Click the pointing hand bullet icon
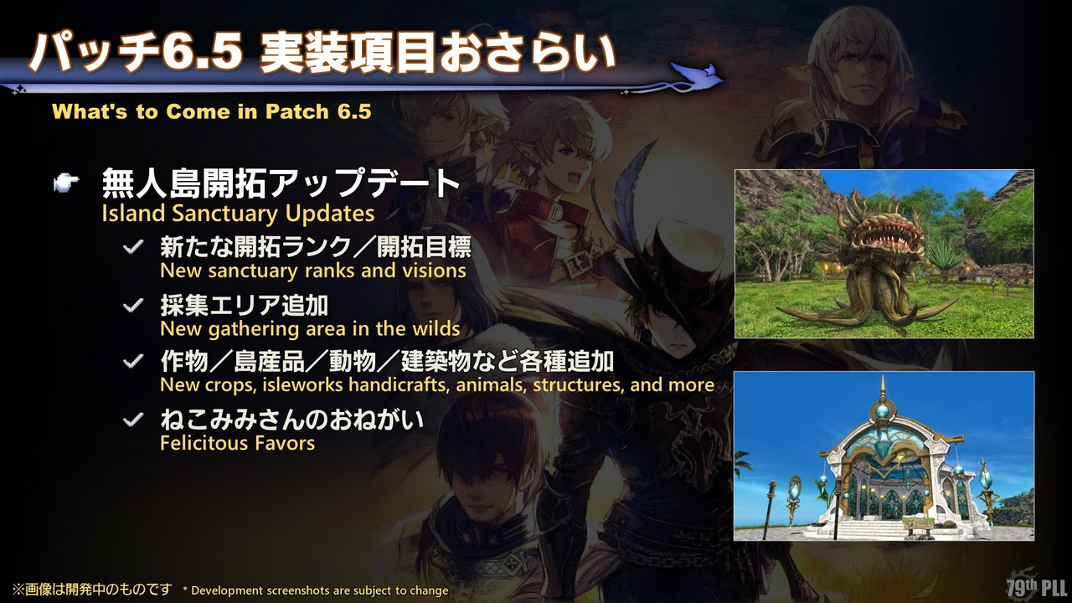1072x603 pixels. click(x=66, y=183)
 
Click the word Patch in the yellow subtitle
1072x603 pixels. click(x=296, y=111)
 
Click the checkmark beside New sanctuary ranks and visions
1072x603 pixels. click(x=133, y=247)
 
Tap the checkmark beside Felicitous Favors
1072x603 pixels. click(x=133, y=420)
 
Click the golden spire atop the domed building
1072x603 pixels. click(x=883, y=389)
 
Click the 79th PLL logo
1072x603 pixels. click(x=1036, y=585)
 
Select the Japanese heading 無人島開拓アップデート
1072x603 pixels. click(x=281, y=183)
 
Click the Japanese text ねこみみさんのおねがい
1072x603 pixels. click(x=292, y=420)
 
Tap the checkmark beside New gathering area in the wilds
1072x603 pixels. click(x=133, y=305)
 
